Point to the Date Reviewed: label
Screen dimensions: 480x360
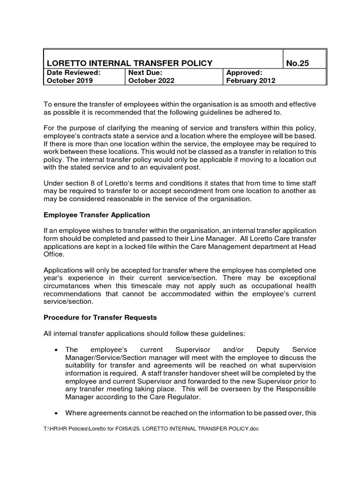pyautogui.click(x=73, y=73)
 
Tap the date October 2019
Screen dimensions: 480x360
pyautogui.click(x=68, y=80)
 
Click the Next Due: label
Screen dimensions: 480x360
pyautogui.click(x=145, y=73)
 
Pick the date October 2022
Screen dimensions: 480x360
pyautogui.click(x=151, y=80)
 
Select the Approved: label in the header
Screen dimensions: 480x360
pyautogui.click(x=244, y=73)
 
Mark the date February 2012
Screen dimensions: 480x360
pyautogui.click(x=251, y=80)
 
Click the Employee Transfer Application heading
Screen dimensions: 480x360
pyautogui.click(x=97, y=215)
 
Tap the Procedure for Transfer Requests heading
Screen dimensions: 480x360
pyautogui.click(x=100, y=317)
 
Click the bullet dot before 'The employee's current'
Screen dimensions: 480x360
pyautogui.click(x=56, y=350)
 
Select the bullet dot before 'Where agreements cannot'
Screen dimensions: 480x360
pyautogui.click(x=56, y=413)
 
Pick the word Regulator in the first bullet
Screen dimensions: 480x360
pyautogui.click(x=184, y=397)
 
